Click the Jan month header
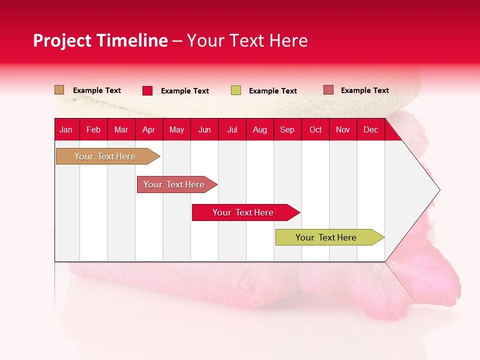tap(66, 129)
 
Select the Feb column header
tap(93, 129)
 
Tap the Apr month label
tap(149, 129)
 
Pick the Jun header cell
tap(204, 129)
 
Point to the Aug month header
tap(260, 129)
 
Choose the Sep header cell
tap(287, 129)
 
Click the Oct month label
tap(315, 129)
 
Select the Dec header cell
tap(371, 129)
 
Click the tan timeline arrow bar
tap(105, 156)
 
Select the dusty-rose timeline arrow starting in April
tap(174, 184)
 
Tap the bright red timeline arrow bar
tap(243, 212)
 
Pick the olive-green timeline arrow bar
tap(326, 237)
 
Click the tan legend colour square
tap(59, 90)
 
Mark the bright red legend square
tap(147, 90)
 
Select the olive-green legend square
tap(236, 90)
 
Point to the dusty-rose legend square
tap(328, 90)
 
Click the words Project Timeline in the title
tap(100, 40)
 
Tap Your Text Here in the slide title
tap(247, 40)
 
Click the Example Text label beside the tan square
tap(97, 90)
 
